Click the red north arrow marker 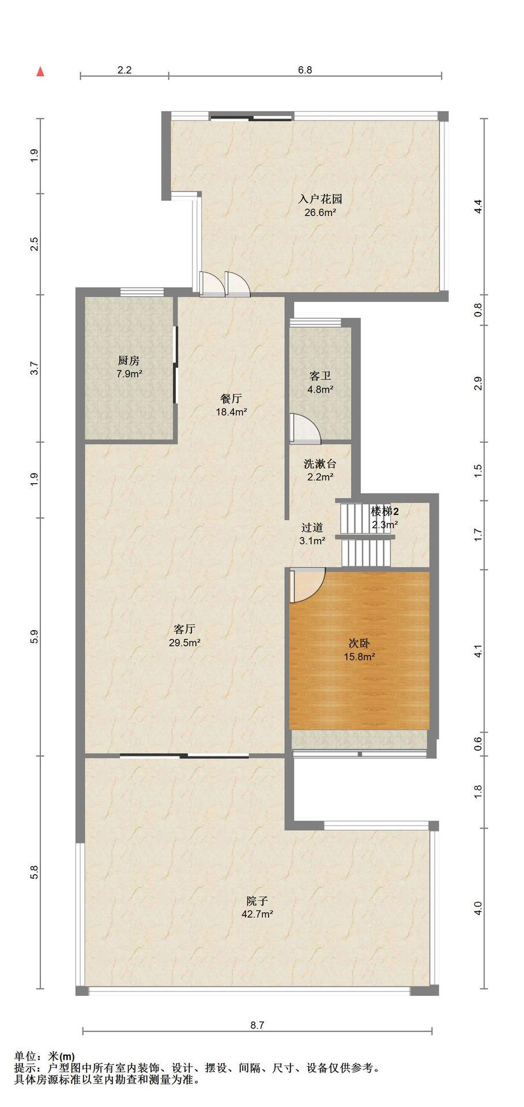click(40, 72)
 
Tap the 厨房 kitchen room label click(129, 361)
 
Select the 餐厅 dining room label click(231, 398)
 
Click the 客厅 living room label click(184, 629)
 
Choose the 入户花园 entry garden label click(321, 199)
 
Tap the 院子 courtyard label click(257, 901)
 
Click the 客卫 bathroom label click(321, 376)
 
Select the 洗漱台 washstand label click(320, 464)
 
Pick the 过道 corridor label click(312, 528)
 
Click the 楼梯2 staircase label click(385, 511)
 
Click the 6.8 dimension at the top click(305, 70)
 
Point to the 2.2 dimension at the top click(125, 70)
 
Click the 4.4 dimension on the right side click(477, 207)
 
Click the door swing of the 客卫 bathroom click(306, 428)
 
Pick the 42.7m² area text click(257, 914)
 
